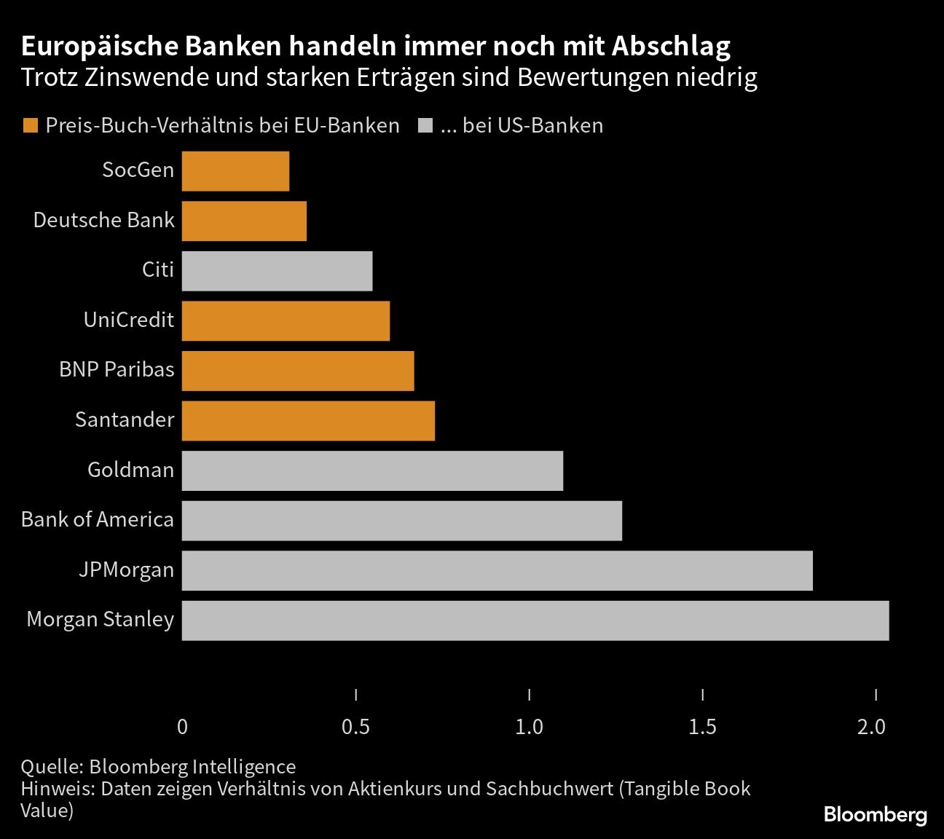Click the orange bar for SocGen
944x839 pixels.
235,171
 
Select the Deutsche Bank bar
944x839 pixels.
244,221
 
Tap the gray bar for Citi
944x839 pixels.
277,271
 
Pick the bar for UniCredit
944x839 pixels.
286,321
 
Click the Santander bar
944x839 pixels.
308,421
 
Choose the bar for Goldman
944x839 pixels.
372,470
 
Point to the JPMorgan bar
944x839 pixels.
497,570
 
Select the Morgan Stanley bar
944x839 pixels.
535,621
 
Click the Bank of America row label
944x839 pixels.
98,520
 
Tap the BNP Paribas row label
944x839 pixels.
117,370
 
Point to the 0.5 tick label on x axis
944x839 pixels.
355,727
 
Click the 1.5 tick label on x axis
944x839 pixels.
702,727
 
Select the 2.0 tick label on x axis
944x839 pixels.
872,727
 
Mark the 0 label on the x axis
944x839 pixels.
182,727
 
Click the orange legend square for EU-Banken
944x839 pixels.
30,126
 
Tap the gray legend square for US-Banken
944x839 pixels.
425,126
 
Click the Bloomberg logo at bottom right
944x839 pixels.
875,815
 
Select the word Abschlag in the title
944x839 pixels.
670,47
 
